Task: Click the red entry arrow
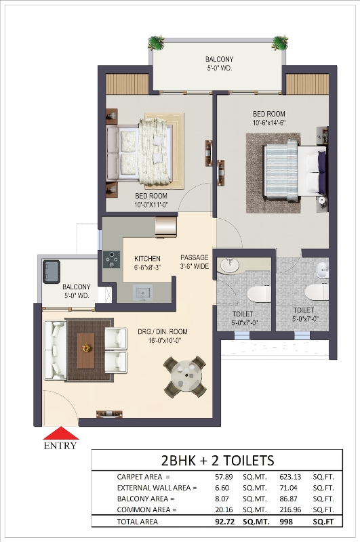click(x=61, y=433)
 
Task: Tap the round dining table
click(x=185, y=377)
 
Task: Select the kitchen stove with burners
click(x=111, y=259)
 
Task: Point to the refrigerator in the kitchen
click(x=165, y=226)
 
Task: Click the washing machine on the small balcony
click(x=52, y=272)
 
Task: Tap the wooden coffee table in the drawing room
click(x=86, y=350)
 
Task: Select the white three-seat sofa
click(x=55, y=350)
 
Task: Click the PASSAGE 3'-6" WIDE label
click(x=195, y=262)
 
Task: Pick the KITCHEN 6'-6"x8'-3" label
click(x=147, y=263)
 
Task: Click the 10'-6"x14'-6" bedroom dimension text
click(x=269, y=123)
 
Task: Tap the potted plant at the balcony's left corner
click(x=156, y=43)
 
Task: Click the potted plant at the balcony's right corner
click(x=279, y=42)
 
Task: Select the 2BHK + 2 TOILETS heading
click(x=218, y=461)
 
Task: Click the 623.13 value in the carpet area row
click(x=290, y=477)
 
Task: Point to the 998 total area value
click(x=286, y=522)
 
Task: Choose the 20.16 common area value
click(x=224, y=509)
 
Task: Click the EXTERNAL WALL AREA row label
click(x=157, y=488)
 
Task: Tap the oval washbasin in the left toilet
click(x=230, y=266)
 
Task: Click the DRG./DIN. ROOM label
click(x=163, y=332)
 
